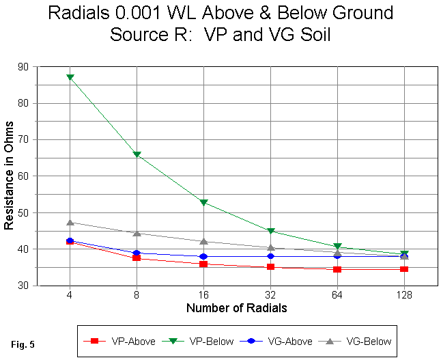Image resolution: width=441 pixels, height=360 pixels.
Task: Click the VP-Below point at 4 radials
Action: pyautogui.click(x=70, y=77)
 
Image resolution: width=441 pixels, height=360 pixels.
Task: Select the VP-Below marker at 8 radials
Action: pyautogui.click(x=137, y=154)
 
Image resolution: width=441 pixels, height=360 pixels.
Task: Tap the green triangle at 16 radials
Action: pyautogui.click(x=203, y=202)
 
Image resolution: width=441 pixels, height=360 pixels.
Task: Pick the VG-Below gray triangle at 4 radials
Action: pyautogui.click(x=70, y=222)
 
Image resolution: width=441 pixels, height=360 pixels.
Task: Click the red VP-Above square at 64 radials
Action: pyautogui.click(x=337, y=269)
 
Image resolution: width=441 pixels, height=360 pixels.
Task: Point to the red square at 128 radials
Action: pyautogui.click(x=404, y=269)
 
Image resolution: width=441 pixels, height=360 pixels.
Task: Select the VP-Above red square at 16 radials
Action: pyautogui.click(x=203, y=264)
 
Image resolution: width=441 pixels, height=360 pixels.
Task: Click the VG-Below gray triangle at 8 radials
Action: pyautogui.click(x=137, y=233)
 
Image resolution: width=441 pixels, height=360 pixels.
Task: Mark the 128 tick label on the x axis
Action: pyautogui.click(x=404, y=296)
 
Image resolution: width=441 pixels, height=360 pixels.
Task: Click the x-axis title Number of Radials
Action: pyautogui.click(x=236, y=308)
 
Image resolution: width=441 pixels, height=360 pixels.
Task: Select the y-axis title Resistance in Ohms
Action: pyautogui.click(x=9, y=176)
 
